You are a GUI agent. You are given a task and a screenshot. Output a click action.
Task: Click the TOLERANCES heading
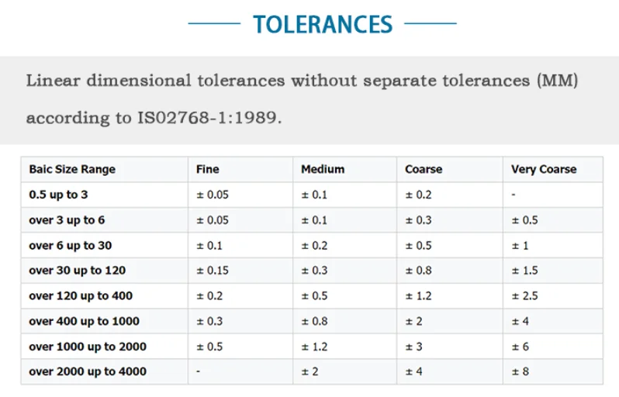coord(323,24)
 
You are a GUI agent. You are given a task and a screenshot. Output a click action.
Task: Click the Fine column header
coord(209,169)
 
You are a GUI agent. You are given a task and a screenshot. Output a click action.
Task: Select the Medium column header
coord(323,169)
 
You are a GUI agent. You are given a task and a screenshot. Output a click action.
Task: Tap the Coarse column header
coord(424,169)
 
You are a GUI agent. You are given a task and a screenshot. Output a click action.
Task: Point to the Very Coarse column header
coord(544,169)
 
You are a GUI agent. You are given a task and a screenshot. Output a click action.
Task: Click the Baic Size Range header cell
coord(72,169)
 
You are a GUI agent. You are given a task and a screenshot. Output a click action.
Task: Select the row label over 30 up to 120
coord(77,271)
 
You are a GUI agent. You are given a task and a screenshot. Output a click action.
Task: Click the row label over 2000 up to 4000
coord(88,371)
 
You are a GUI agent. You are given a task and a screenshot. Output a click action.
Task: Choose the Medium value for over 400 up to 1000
coord(314,321)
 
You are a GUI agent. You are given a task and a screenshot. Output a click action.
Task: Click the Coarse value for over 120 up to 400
coord(419,295)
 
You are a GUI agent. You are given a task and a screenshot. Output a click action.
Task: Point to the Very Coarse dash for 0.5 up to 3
coord(514,195)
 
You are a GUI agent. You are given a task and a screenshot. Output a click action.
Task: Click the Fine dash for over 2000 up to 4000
coord(199,371)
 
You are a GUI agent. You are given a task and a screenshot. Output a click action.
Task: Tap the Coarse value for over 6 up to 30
coord(419,245)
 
